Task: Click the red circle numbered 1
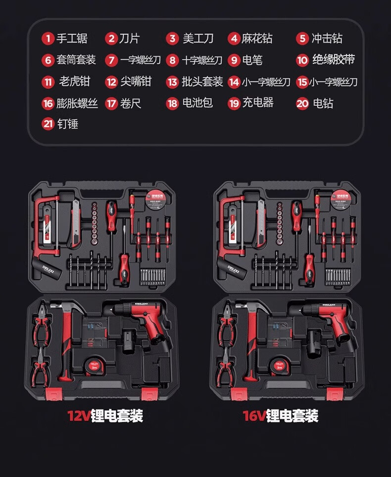tap(48, 39)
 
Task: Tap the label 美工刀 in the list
tap(198, 39)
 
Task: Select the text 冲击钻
tap(327, 39)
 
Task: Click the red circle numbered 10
tap(302, 60)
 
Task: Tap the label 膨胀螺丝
tap(77, 104)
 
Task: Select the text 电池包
tap(197, 103)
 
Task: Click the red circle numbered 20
tap(302, 104)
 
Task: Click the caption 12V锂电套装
tap(105, 415)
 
